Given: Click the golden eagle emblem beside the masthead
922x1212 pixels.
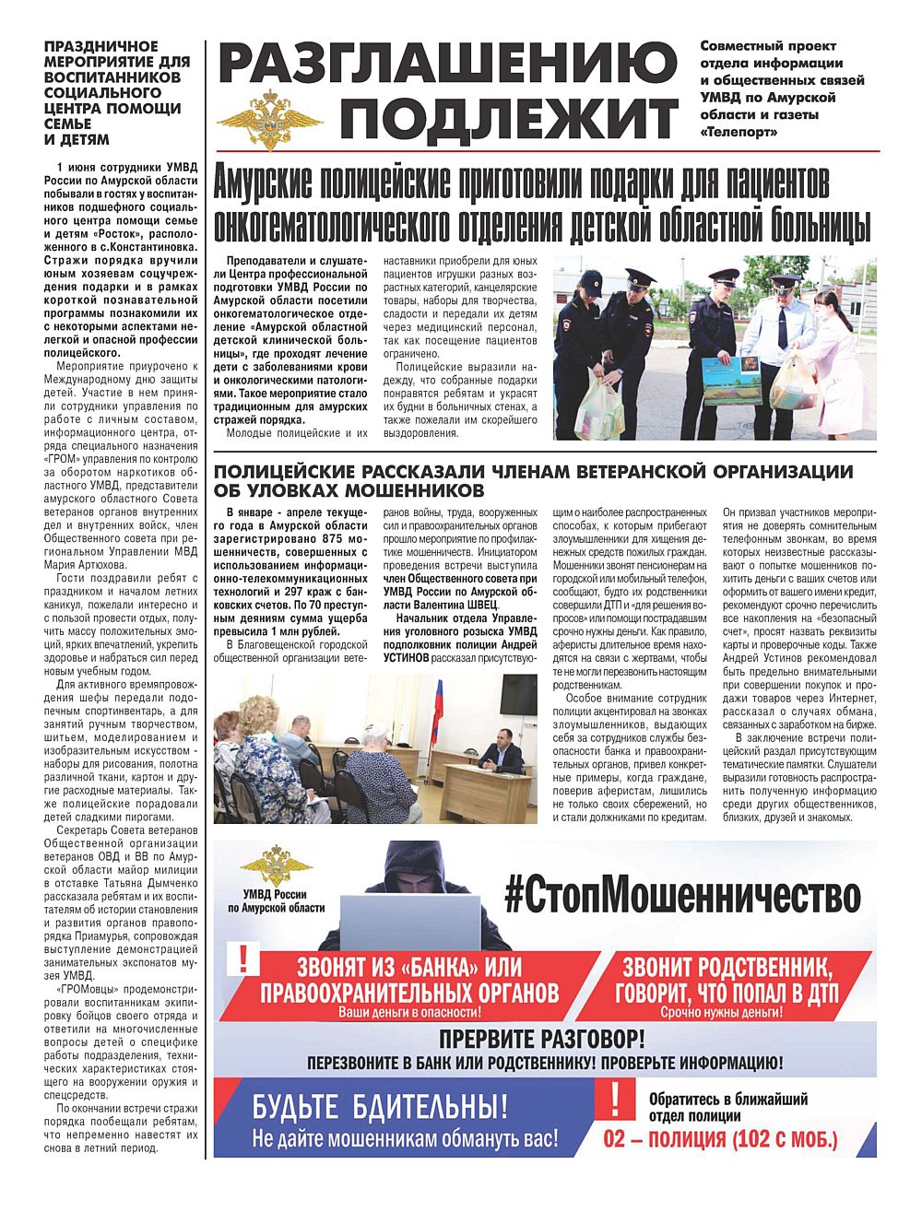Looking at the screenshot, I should click(x=269, y=117).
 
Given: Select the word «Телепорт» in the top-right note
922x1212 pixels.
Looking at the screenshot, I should click(x=739, y=132).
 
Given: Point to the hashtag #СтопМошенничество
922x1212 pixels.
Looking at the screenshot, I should click(x=682, y=894).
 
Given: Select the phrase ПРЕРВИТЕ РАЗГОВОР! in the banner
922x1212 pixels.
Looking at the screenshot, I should click(x=541, y=1040).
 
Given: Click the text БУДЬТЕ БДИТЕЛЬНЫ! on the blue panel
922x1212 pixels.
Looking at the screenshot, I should click(x=380, y=1105).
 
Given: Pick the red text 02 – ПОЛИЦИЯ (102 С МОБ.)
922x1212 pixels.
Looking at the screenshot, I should click(x=720, y=1139).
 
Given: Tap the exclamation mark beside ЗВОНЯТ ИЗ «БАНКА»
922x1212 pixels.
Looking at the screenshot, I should click(x=242, y=959).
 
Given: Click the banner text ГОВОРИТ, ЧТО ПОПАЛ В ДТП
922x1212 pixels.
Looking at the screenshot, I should click(x=727, y=994).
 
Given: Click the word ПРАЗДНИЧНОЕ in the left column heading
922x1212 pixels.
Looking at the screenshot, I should click(x=101, y=46).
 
